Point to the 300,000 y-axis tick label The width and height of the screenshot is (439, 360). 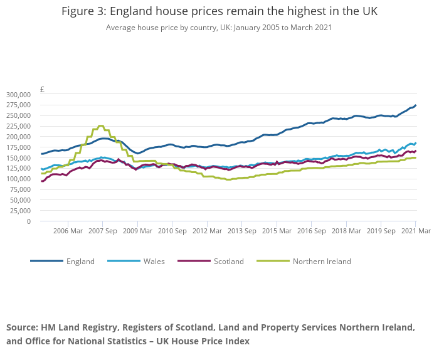pyautogui.click(x=18, y=94)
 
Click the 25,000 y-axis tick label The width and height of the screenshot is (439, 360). pyautogui.click(x=20, y=211)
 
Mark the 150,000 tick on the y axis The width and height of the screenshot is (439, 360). pyautogui.click(x=18, y=158)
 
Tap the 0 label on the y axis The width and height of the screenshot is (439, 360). pyautogui.click(x=28, y=221)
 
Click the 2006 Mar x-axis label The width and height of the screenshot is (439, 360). pyautogui.click(x=68, y=231)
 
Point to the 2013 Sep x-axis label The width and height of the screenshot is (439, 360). pyautogui.click(x=242, y=231)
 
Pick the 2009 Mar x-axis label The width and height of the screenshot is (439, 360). pyautogui.click(x=137, y=231)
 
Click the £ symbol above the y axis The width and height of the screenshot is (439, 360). pyautogui.click(x=42, y=90)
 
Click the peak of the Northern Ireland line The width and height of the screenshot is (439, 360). pyautogui.click(x=100, y=126)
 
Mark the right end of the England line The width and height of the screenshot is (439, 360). pyautogui.click(x=416, y=105)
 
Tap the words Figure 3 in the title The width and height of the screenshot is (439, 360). pyautogui.click(x=85, y=12)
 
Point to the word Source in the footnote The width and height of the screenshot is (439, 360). pyautogui.click(x=21, y=328)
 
